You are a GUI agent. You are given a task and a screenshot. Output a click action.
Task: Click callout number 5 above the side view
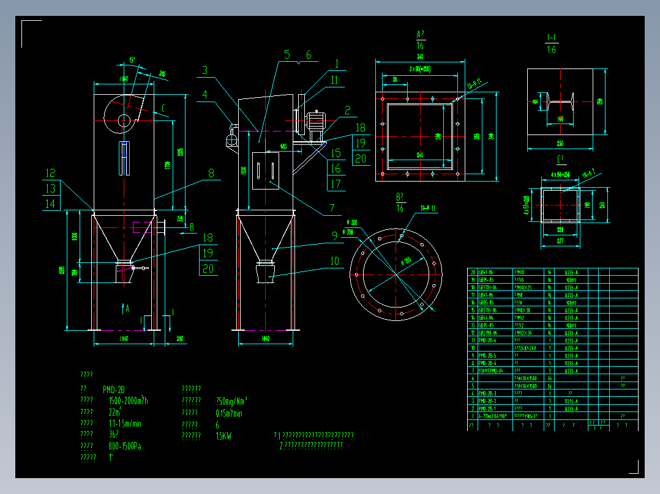pyautogui.click(x=287, y=55)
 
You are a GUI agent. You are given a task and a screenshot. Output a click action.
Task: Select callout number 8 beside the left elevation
pyautogui.click(x=211, y=173)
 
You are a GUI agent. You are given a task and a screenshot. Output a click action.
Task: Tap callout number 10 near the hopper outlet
pyautogui.click(x=334, y=261)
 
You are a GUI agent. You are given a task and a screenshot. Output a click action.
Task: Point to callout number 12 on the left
pyautogui.click(x=50, y=173)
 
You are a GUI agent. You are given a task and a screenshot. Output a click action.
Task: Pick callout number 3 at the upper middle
pyautogui.click(x=204, y=70)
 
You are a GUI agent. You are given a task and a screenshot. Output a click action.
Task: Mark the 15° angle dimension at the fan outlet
pyautogui.click(x=132, y=60)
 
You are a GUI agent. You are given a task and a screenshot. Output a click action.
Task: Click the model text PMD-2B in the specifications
pyautogui.click(x=114, y=389)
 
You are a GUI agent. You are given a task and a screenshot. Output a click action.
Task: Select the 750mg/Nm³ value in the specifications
pyautogui.click(x=231, y=402)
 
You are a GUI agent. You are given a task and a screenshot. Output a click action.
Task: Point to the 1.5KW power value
pyautogui.click(x=224, y=437)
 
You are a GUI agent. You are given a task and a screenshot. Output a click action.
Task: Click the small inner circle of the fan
pyautogui.click(x=124, y=119)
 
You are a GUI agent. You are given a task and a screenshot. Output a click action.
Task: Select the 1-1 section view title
pyautogui.click(x=551, y=38)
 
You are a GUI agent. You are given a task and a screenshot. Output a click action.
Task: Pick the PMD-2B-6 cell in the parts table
pyautogui.click(x=487, y=340)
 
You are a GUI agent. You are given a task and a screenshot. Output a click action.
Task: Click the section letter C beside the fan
pyautogui.click(x=163, y=110)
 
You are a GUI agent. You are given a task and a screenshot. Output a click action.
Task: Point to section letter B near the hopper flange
pyautogui.click(x=191, y=227)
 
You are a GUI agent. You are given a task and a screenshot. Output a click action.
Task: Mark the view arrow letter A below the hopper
pyautogui.click(x=127, y=309)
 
